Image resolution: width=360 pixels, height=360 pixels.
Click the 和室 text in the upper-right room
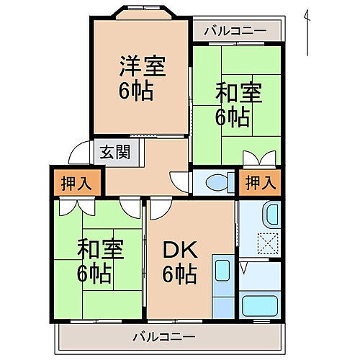238,92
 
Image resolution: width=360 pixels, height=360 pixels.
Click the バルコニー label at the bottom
164,336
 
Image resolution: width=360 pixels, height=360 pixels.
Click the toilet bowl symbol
215,183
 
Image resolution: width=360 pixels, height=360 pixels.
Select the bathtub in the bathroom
259,305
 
